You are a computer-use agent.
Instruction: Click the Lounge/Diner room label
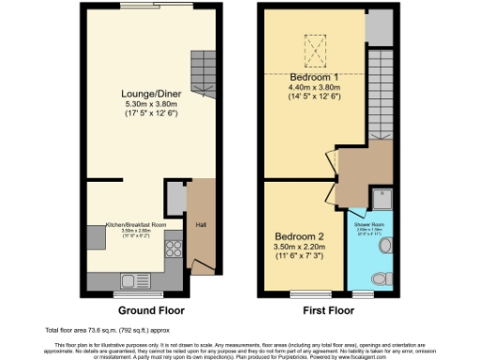pyautogui.click(x=144, y=94)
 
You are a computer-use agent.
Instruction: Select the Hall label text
pyautogui.click(x=200, y=224)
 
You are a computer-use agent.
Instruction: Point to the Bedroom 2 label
pyautogui.click(x=300, y=236)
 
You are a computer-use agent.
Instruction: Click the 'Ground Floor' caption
pyautogui.click(x=150, y=309)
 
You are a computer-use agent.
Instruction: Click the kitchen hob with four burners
pyautogui.click(x=172, y=248)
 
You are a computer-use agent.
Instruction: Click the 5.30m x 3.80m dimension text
pyautogui.click(x=144, y=105)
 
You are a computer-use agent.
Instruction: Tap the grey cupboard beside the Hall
pyautogui.click(x=175, y=199)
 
